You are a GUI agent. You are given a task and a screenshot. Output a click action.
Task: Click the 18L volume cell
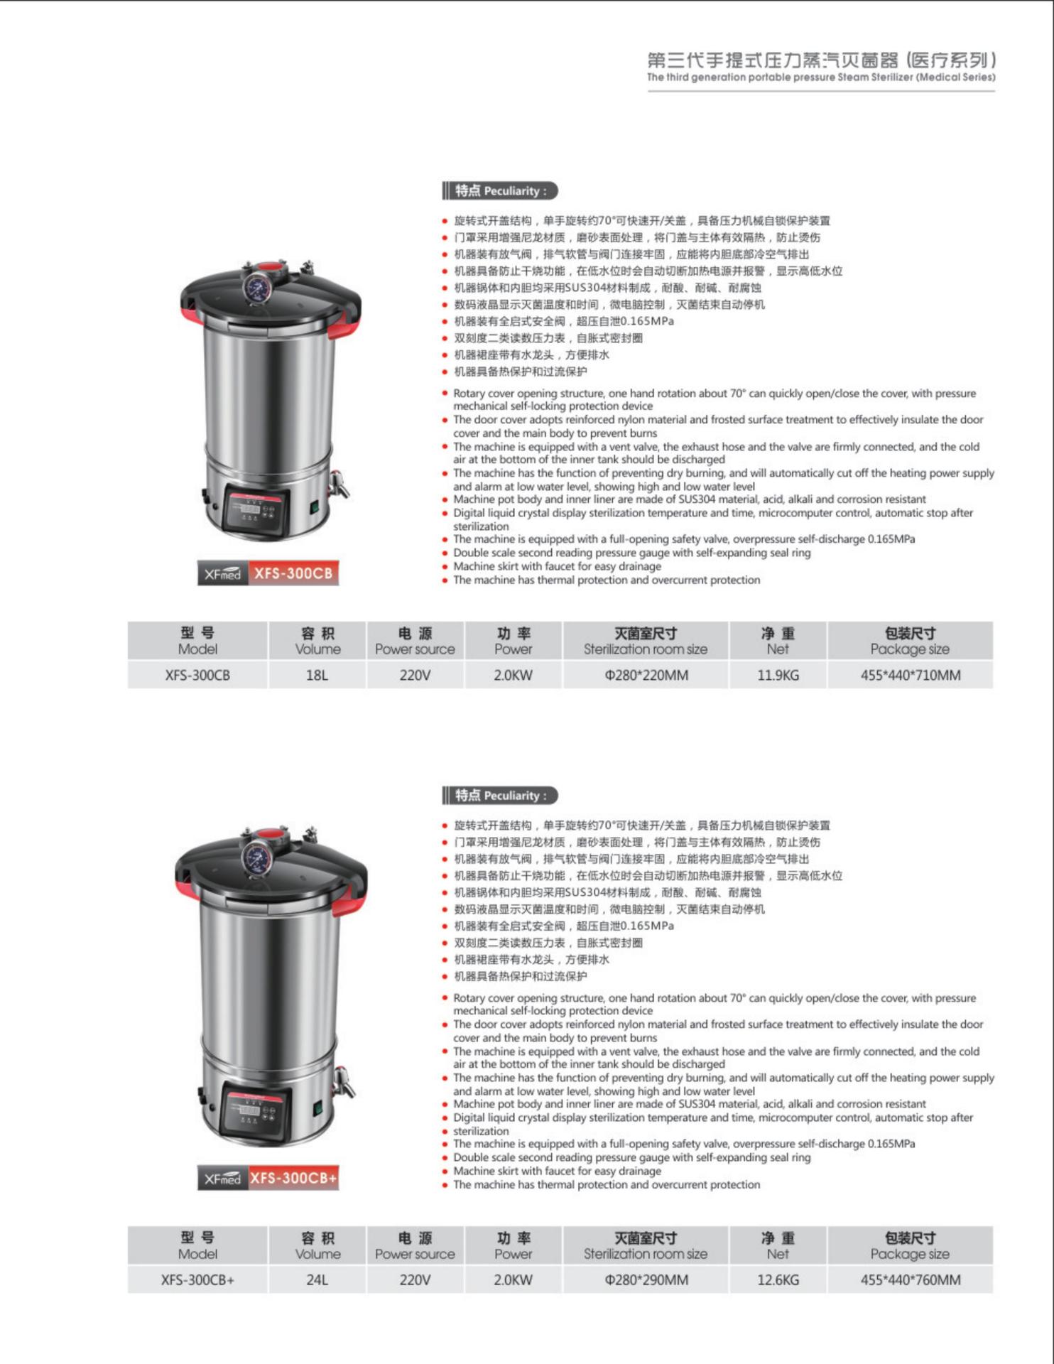point(317,675)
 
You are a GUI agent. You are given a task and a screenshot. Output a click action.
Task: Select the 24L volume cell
point(317,1279)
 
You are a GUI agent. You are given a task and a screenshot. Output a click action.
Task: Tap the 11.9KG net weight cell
point(778,675)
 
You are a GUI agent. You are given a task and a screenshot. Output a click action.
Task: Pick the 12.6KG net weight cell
point(778,1279)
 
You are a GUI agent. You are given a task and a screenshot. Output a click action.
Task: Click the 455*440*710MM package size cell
point(910,675)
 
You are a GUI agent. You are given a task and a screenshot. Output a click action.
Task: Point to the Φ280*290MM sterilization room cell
point(646,1279)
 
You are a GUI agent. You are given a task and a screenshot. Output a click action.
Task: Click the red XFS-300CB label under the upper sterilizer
point(293,573)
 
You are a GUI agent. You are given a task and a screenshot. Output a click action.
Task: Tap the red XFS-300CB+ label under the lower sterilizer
point(293,1178)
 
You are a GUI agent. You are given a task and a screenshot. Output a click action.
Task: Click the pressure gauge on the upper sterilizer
point(254,288)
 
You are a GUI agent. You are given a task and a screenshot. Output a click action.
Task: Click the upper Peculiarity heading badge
point(499,190)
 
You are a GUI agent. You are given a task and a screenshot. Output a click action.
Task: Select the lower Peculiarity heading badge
point(499,795)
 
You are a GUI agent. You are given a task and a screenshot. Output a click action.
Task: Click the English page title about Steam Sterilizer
point(820,77)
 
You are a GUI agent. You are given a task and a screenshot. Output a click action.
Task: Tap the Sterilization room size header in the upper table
point(646,641)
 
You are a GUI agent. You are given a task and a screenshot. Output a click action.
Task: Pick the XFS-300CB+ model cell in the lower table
point(197,1279)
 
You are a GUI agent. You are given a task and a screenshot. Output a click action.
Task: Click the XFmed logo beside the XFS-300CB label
point(222,573)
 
